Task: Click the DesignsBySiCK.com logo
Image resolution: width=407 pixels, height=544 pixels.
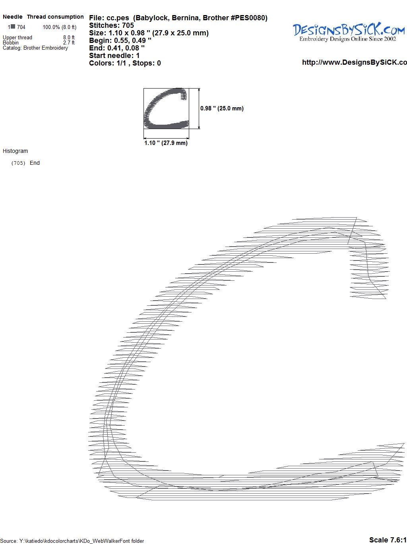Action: (349, 32)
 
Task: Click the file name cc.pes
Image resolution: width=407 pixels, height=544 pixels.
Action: (118, 18)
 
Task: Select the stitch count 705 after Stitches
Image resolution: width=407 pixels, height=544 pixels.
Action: (128, 25)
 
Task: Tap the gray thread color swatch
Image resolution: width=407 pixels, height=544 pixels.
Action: (13, 26)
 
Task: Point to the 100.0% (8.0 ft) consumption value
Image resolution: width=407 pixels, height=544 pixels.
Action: (60, 27)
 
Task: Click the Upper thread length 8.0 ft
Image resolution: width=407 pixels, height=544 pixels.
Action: (69, 37)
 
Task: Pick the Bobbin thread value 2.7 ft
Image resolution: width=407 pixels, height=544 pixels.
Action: (69, 42)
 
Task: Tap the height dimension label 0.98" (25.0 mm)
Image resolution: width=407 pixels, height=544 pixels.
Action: (222, 108)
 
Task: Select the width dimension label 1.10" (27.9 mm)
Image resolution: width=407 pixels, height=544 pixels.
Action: (166, 143)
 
